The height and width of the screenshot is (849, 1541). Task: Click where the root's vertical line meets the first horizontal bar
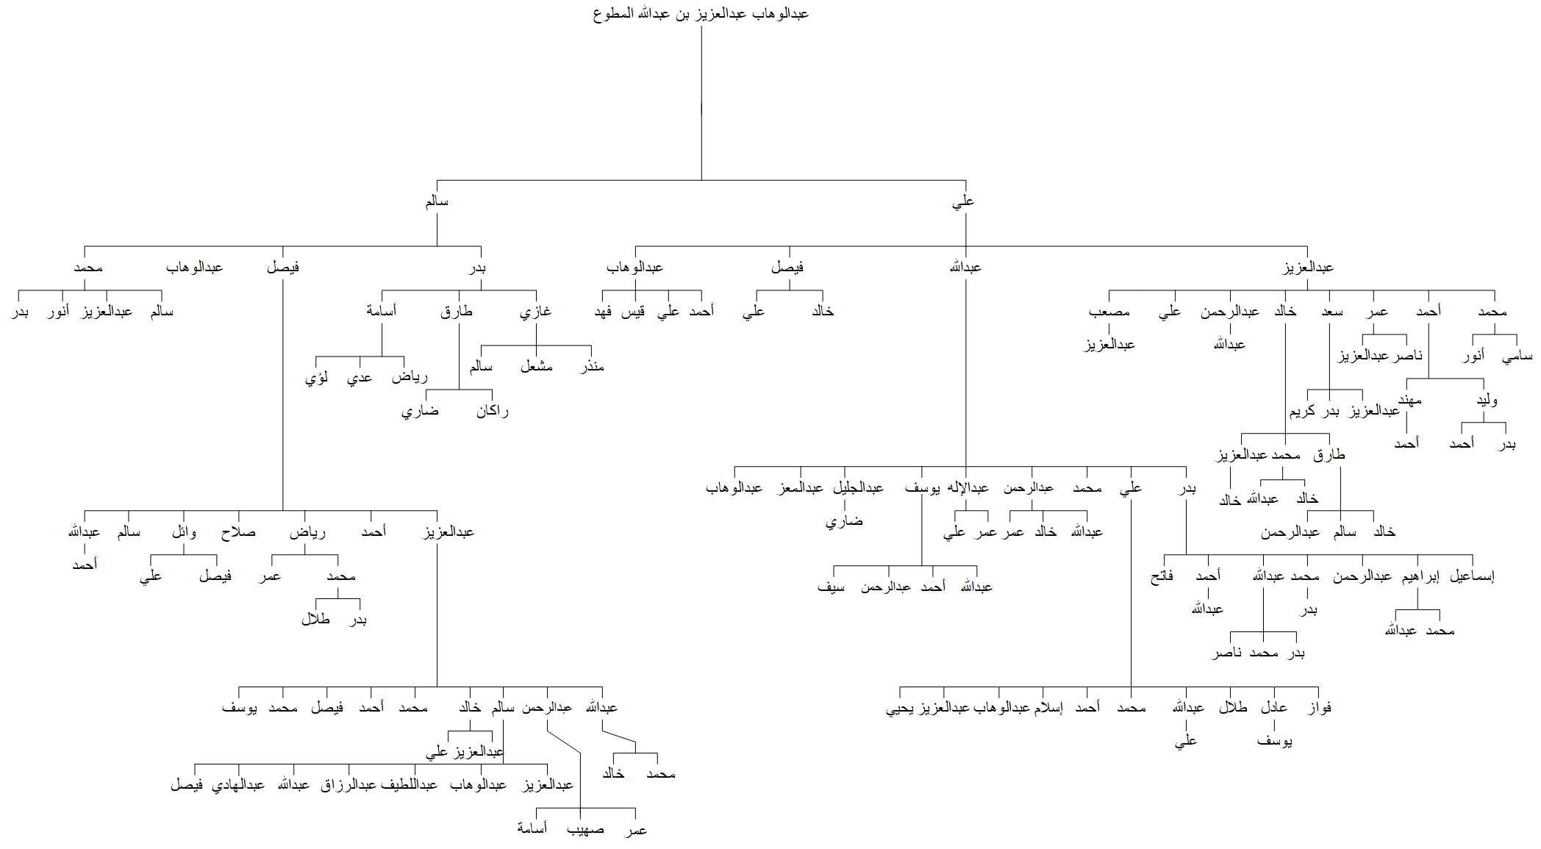click(x=701, y=180)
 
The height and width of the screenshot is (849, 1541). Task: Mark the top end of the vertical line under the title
click(x=701, y=26)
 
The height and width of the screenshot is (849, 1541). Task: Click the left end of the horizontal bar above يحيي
click(x=900, y=687)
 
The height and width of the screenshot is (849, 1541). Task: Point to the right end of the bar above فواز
click(x=1319, y=687)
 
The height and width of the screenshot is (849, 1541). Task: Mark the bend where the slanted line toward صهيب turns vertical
click(x=580, y=753)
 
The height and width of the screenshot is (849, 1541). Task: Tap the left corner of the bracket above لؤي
click(x=316, y=357)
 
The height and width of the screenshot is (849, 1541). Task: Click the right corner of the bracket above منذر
click(x=591, y=345)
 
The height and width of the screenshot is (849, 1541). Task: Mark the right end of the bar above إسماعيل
click(x=1473, y=555)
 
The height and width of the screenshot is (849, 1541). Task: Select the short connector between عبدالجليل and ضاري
click(x=845, y=505)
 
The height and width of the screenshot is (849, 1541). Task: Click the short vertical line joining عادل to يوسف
click(x=1274, y=726)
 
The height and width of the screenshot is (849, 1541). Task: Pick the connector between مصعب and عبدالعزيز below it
click(x=1109, y=329)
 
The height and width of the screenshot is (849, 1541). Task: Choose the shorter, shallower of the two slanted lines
click(x=619, y=737)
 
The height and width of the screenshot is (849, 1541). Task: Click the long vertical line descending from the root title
click(x=701, y=103)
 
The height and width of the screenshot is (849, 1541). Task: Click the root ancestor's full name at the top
click(x=701, y=13)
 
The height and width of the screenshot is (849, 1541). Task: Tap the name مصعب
click(x=1109, y=312)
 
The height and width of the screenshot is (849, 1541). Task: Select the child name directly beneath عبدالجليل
click(x=844, y=521)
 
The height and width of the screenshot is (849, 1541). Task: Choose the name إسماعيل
click(x=1472, y=576)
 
